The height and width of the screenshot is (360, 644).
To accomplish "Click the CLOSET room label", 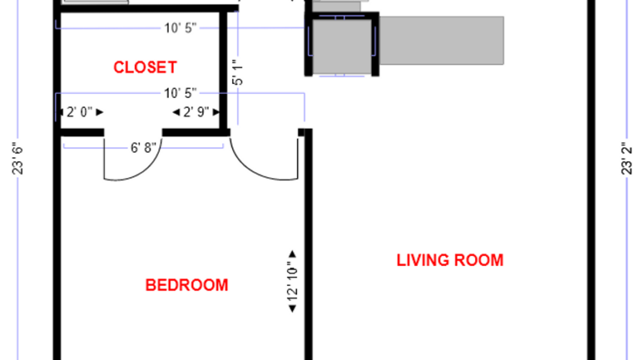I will (x=145, y=68).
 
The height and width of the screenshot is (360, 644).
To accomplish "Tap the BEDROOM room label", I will (x=187, y=285).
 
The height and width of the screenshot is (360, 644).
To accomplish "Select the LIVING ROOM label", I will (x=450, y=260).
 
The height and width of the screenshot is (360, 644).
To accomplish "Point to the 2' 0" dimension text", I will (x=79, y=113).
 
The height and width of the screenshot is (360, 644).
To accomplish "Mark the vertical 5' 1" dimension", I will (x=238, y=73).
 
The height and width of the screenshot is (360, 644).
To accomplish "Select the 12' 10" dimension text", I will (x=292, y=282).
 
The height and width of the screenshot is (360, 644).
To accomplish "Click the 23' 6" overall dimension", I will (x=18, y=157).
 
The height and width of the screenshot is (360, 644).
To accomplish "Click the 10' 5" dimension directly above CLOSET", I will (x=180, y=29).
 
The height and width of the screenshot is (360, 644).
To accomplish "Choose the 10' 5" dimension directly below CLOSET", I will (x=180, y=93).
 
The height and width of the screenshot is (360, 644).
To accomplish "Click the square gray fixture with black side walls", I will (x=341, y=45).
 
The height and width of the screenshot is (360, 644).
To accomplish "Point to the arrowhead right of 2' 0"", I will (x=99, y=113).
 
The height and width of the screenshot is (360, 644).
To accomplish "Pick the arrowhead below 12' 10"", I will (x=292, y=310).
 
